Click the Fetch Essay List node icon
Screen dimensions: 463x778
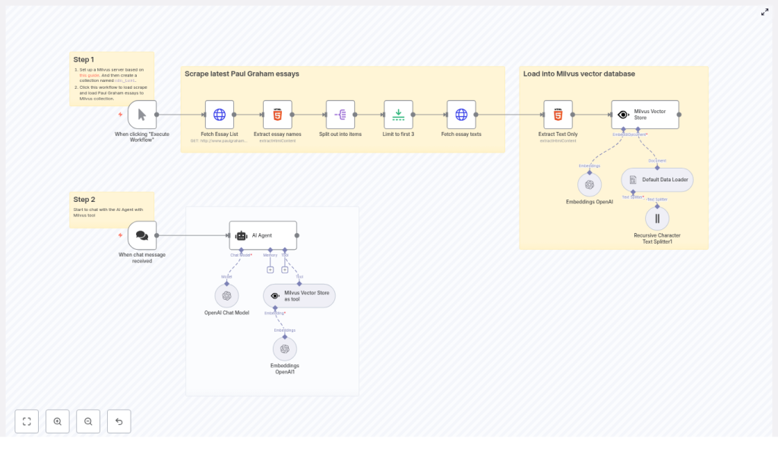(x=219, y=115)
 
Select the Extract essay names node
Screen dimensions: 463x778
(x=277, y=115)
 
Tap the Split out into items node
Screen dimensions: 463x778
(x=340, y=115)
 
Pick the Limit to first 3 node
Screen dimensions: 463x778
(x=398, y=115)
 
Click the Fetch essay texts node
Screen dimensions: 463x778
(x=461, y=115)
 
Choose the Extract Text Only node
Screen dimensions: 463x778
(x=558, y=115)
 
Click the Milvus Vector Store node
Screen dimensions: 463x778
(x=645, y=115)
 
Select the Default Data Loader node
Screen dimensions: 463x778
(x=657, y=180)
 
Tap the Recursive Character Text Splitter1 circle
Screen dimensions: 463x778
(x=657, y=219)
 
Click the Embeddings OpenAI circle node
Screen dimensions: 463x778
(x=590, y=184)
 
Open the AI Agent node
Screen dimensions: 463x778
(x=263, y=235)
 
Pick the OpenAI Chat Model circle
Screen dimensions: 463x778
(x=226, y=296)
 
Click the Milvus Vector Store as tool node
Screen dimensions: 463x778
(x=299, y=296)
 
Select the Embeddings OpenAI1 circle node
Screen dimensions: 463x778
(x=285, y=349)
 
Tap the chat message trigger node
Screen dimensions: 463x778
(x=142, y=235)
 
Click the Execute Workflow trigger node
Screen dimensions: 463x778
(x=142, y=115)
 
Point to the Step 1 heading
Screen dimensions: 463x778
(x=84, y=59)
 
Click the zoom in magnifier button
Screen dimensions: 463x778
(x=58, y=421)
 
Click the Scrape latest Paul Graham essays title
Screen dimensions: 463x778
(x=242, y=74)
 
